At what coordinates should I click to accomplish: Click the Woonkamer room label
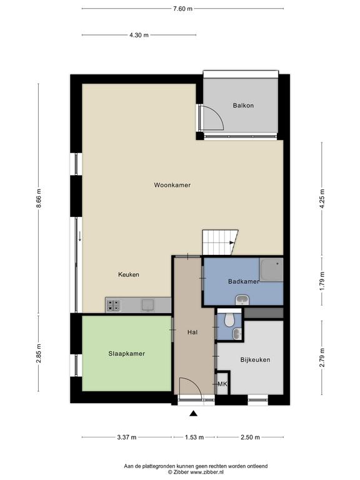pos(172,185)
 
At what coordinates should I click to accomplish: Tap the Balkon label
pos(243,106)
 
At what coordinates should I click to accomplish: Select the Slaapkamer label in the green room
pos(126,354)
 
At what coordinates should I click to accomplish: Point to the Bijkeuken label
pos(255,360)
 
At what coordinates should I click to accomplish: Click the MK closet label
pos(222,384)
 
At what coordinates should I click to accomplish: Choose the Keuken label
pos(129,274)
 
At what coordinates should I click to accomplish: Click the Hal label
pos(192,332)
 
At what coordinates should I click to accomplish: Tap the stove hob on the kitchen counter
pos(113,306)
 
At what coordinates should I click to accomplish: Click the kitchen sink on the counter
pos(147,305)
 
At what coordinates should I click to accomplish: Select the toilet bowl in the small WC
pos(229,320)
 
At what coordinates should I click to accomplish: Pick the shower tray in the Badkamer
pos(271,270)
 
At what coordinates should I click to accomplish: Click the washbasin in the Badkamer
pos(242,300)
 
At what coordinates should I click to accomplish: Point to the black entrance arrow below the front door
pos(193,414)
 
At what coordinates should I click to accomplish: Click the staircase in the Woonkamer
pos(220,242)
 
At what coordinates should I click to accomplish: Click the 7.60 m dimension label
pos(182,9)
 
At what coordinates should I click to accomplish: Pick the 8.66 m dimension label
pos(39,198)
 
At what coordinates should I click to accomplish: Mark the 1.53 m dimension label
pos(194,437)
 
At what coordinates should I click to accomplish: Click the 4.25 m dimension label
pos(322,199)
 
